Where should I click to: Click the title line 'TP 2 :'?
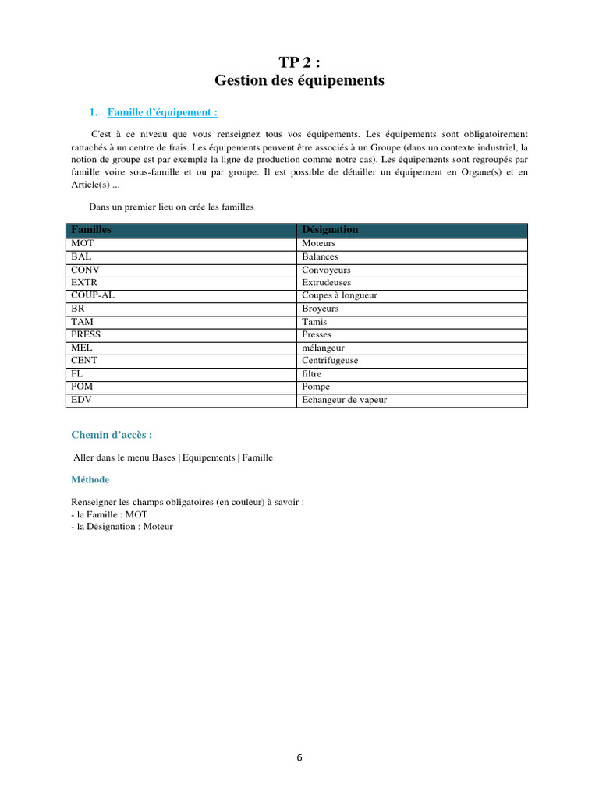coord(299,63)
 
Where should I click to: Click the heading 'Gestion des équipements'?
coord(299,80)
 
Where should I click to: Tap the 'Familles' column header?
coord(91,230)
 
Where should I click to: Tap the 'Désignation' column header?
coord(330,230)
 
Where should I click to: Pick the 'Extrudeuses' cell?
coord(326,283)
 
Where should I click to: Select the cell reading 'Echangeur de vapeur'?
coord(344,400)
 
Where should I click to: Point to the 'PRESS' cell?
coord(86,334)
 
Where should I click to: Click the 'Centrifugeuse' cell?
coord(330,361)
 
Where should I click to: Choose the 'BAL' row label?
coord(80,256)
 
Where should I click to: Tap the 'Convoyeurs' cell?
coord(326,270)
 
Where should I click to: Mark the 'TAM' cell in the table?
coord(81,322)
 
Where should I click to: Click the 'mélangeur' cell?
coord(323,348)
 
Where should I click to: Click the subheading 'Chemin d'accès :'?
coord(112,435)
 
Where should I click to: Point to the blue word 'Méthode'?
coord(90,479)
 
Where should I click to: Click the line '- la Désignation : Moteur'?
coord(122,526)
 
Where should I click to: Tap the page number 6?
coord(299,757)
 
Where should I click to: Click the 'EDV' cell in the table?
coord(81,400)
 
